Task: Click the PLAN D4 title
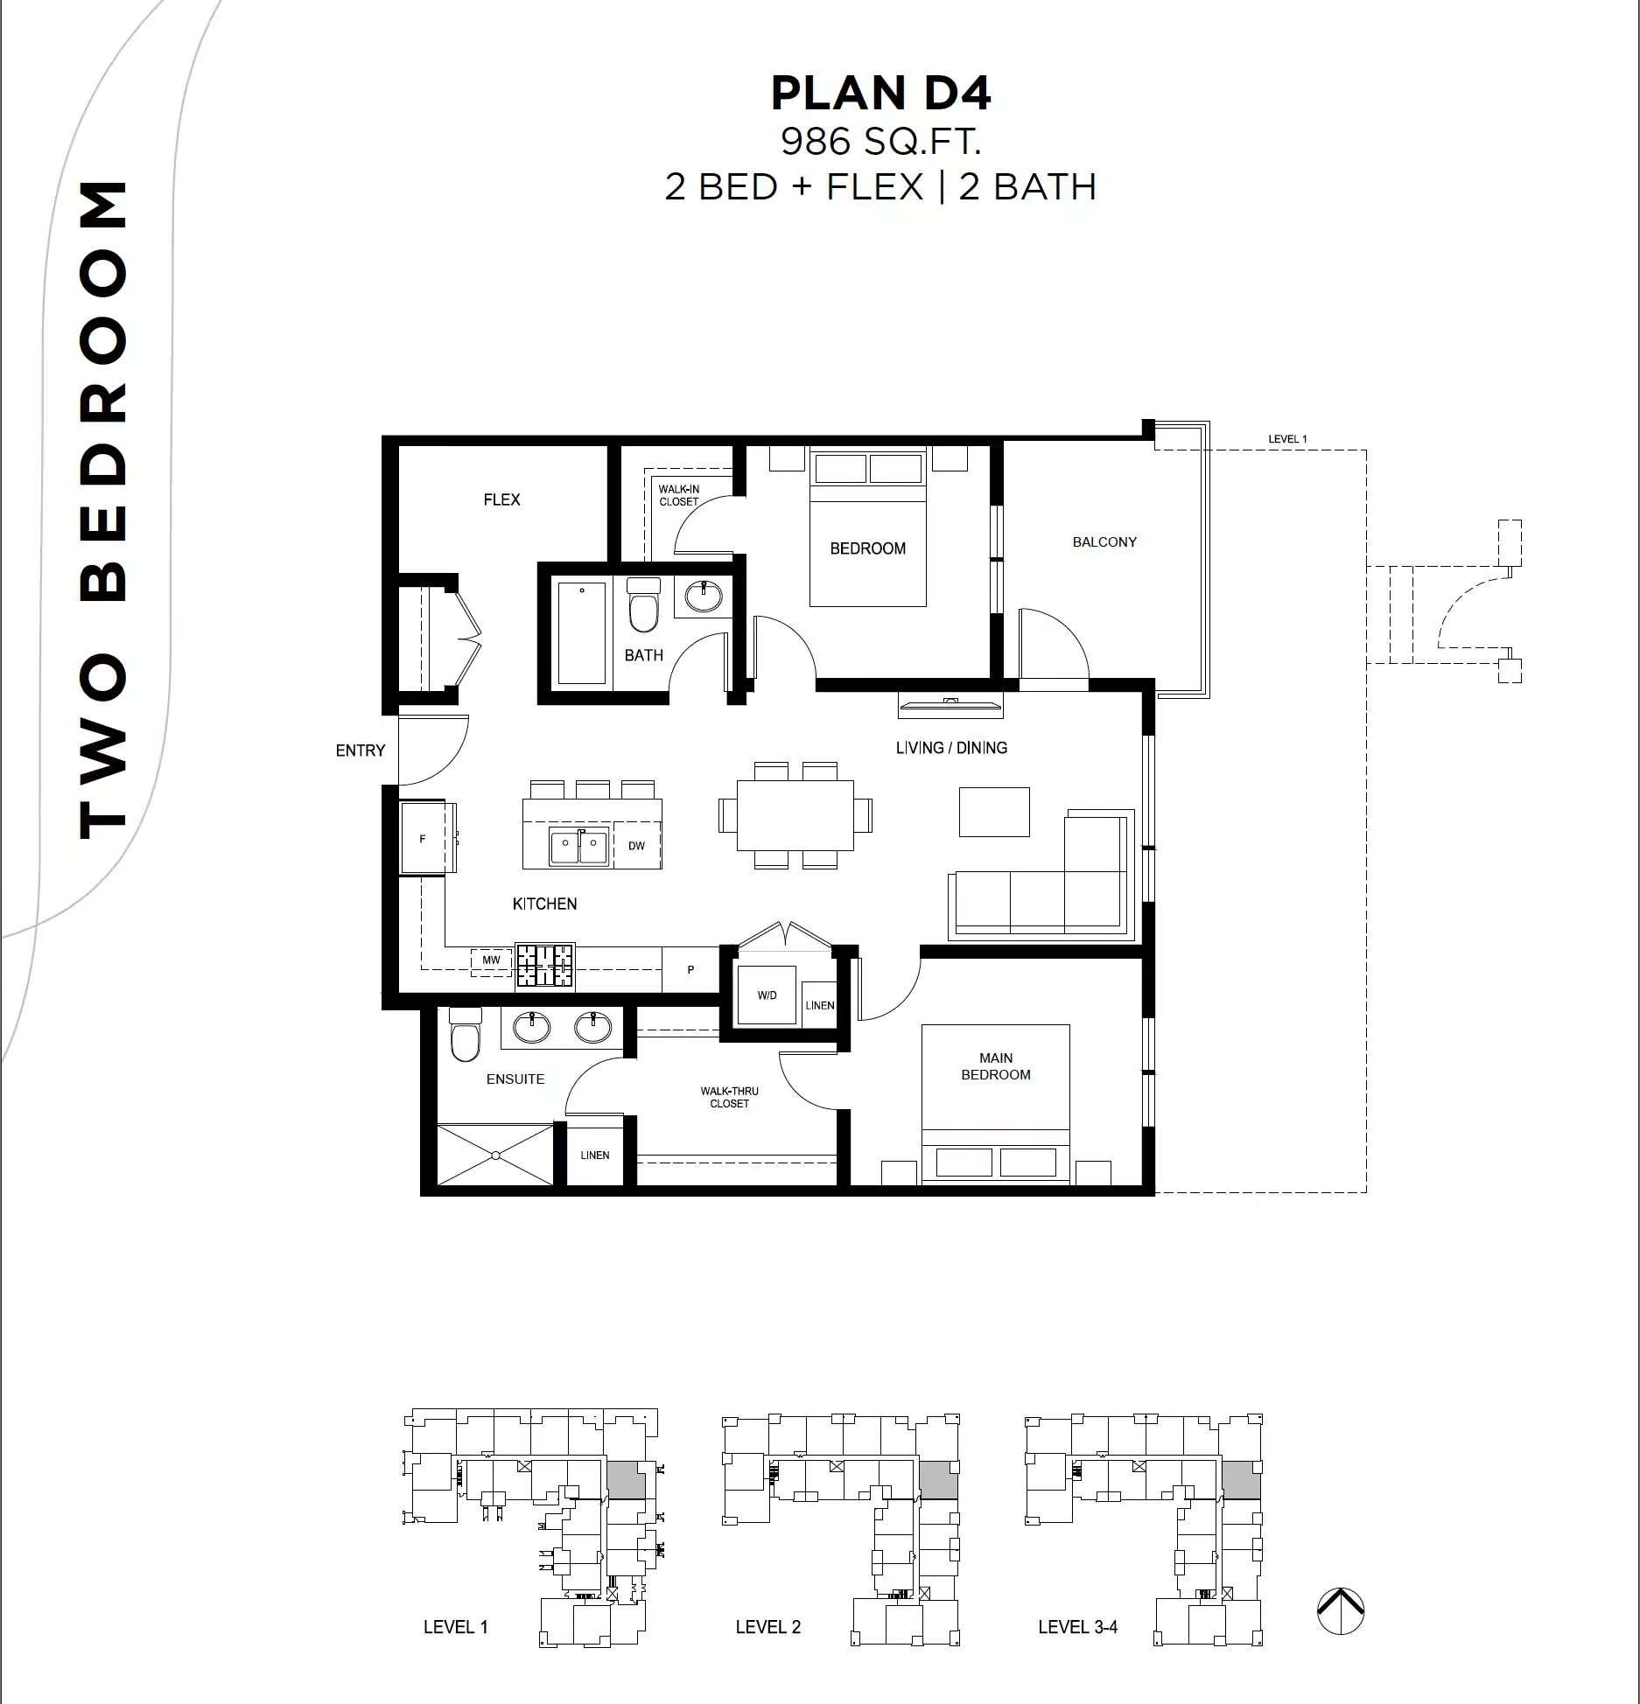pos(880,94)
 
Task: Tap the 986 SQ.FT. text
pos(880,142)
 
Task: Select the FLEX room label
pos(501,499)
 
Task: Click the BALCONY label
pos(1104,542)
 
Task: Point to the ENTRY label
pos(361,751)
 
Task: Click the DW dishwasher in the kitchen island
pos(636,845)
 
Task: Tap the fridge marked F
pos(424,838)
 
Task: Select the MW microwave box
pos(491,960)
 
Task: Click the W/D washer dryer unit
pos(767,995)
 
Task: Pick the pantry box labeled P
pos(690,969)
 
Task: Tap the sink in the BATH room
pos(704,597)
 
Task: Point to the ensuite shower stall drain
pos(496,1156)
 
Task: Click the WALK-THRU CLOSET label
pos(730,1097)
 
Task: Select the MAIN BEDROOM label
pos(996,1066)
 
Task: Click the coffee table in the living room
pos(994,812)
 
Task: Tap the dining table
pos(795,815)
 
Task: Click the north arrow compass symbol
pos(1341,1611)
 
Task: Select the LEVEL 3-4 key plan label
pos(1078,1627)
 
